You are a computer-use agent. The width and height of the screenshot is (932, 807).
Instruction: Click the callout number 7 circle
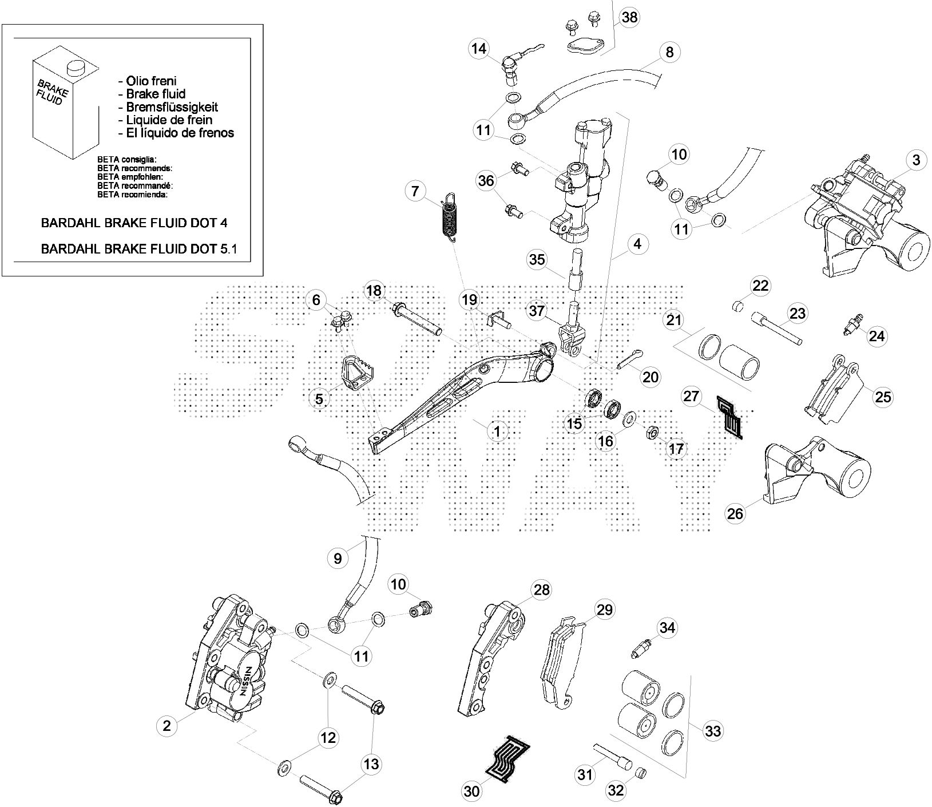pos(415,190)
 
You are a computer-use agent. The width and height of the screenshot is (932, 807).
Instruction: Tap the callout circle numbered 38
pos(629,17)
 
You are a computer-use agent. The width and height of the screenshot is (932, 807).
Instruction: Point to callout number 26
pos(735,513)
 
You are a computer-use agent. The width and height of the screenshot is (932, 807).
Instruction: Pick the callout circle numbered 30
pos(473,792)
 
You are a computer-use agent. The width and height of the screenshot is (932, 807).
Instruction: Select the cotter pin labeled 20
pos(630,361)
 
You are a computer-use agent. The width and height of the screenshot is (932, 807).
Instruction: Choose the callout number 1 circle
pos(497,431)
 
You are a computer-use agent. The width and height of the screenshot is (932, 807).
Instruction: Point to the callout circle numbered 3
pos(916,161)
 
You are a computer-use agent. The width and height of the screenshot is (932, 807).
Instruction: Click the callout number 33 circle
pos(713,731)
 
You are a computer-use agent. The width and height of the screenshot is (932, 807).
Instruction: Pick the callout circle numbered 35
pos(537,259)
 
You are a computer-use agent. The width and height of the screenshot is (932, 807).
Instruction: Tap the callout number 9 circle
pos(337,558)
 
